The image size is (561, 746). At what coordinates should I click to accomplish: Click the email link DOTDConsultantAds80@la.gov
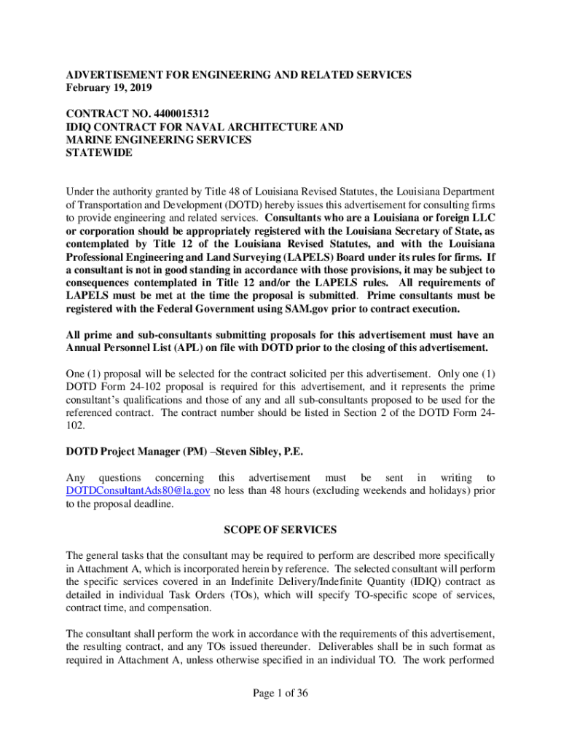(x=138, y=491)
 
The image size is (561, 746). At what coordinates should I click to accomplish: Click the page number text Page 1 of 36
(x=280, y=693)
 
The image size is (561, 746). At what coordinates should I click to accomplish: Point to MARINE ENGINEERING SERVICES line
(x=159, y=140)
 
